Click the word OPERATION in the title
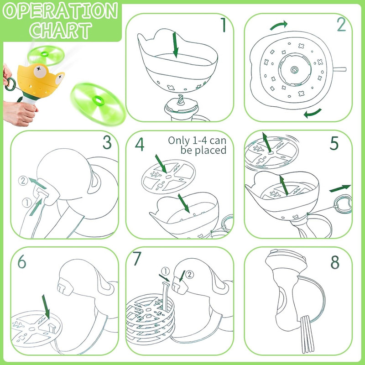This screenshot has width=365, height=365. click(61, 11)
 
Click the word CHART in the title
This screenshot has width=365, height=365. click(61, 30)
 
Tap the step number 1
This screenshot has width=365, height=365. click(223, 25)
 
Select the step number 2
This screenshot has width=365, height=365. click(341, 24)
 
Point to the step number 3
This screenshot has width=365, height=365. click(107, 142)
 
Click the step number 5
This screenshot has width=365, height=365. click(334, 143)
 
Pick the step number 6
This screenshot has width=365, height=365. click(21, 261)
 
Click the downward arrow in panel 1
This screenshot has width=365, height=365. click(175, 45)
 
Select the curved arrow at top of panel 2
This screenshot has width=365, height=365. click(279, 25)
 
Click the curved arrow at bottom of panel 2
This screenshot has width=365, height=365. click(313, 113)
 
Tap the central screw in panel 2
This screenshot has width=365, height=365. click(294, 70)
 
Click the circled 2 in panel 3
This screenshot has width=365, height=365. click(23, 181)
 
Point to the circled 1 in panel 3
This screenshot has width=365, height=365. click(27, 203)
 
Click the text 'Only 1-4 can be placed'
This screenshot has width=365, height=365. click(197, 145)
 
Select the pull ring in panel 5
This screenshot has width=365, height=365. click(343, 204)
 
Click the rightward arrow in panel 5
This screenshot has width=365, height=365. click(340, 188)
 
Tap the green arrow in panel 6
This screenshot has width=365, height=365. click(46, 307)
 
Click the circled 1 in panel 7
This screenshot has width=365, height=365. click(165, 271)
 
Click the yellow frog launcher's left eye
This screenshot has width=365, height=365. click(40, 70)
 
